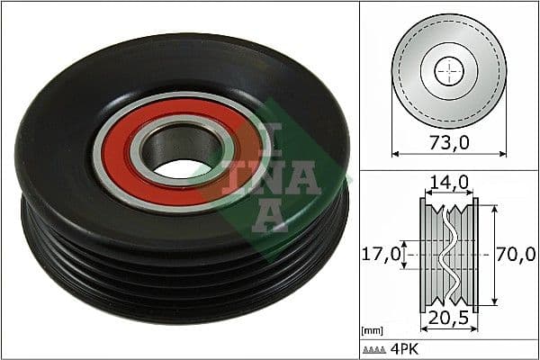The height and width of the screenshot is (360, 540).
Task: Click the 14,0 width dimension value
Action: click(449, 183)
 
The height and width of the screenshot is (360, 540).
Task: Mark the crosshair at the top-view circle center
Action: click(448, 70)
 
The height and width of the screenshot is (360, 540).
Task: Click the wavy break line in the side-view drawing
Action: click(448, 255)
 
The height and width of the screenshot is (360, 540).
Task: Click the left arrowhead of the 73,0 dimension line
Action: click(395, 152)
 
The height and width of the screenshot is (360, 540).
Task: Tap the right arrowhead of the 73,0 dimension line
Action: click(503, 152)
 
